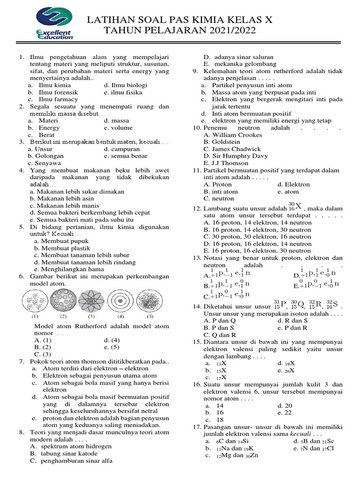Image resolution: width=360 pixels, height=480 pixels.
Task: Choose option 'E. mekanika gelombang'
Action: tap(239, 64)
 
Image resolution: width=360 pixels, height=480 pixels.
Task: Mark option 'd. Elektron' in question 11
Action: tap(293, 184)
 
